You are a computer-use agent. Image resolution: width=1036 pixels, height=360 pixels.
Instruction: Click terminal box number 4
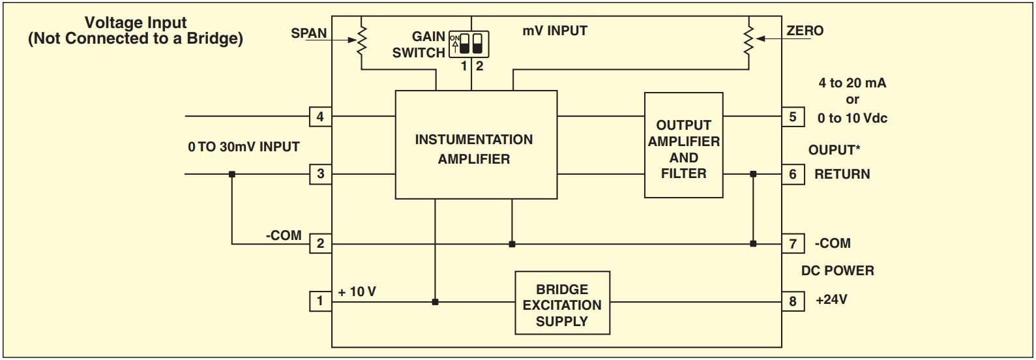point(320,117)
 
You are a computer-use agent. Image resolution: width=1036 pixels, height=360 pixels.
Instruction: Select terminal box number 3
point(320,174)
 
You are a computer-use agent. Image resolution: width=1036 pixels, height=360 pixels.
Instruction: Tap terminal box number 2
point(320,244)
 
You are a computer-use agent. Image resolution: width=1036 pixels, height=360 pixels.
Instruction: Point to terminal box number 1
point(320,301)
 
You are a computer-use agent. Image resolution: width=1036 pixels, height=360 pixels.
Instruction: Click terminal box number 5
point(793,117)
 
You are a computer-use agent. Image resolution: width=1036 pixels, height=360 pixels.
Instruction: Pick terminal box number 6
point(793,174)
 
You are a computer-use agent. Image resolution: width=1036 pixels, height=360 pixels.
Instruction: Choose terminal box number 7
point(793,244)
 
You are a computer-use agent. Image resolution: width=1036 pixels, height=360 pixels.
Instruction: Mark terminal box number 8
point(793,301)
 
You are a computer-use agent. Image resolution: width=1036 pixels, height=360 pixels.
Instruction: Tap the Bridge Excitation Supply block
point(562,303)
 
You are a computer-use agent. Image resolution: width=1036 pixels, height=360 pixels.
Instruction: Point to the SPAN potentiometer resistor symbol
point(363,40)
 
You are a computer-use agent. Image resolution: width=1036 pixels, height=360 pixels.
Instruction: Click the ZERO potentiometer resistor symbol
point(749,40)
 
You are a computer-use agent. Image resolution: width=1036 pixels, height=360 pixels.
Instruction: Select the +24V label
point(831,301)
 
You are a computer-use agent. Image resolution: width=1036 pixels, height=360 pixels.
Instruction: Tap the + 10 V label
point(357,292)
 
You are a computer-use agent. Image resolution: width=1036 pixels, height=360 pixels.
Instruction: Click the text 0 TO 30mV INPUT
point(244,147)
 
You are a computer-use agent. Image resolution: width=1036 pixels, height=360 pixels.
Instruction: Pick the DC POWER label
point(837,271)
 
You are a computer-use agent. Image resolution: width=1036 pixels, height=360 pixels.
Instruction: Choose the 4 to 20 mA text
point(852,83)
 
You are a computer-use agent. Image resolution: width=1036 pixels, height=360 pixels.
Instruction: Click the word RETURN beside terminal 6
point(842,175)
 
